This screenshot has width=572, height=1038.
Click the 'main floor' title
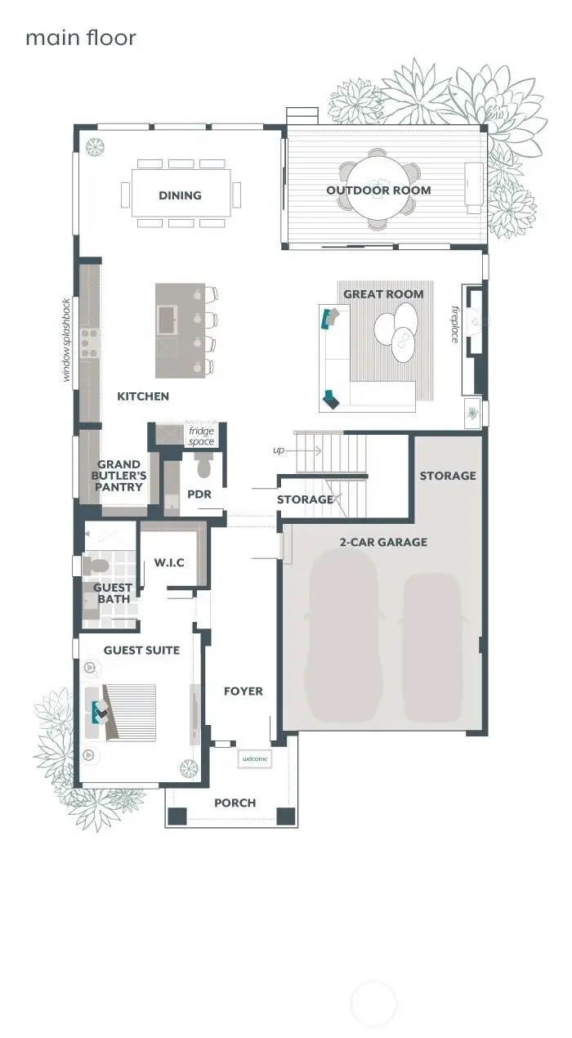coord(80,38)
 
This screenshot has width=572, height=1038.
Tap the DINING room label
coord(180,195)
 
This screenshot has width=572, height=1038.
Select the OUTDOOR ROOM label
coord(378,190)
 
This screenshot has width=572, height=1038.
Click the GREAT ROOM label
coord(383,294)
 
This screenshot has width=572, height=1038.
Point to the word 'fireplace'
coord(456,324)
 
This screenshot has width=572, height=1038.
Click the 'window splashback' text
coord(67,339)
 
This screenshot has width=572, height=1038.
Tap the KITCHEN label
coord(143,396)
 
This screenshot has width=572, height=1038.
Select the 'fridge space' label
coord(201,436)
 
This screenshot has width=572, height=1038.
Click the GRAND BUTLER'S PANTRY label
coord(120,476)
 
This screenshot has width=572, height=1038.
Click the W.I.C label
coord(169,562)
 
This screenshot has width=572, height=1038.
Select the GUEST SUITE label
coord(141,651)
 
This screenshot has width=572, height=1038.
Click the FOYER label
coord(244,691)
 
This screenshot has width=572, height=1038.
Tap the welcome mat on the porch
coord(255,759)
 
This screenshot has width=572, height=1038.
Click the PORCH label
coord(235,803)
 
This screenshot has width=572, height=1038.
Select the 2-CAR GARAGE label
coord(383,541)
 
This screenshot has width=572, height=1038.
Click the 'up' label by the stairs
coord(279,450)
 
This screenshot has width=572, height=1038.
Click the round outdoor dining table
coord(378,190)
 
